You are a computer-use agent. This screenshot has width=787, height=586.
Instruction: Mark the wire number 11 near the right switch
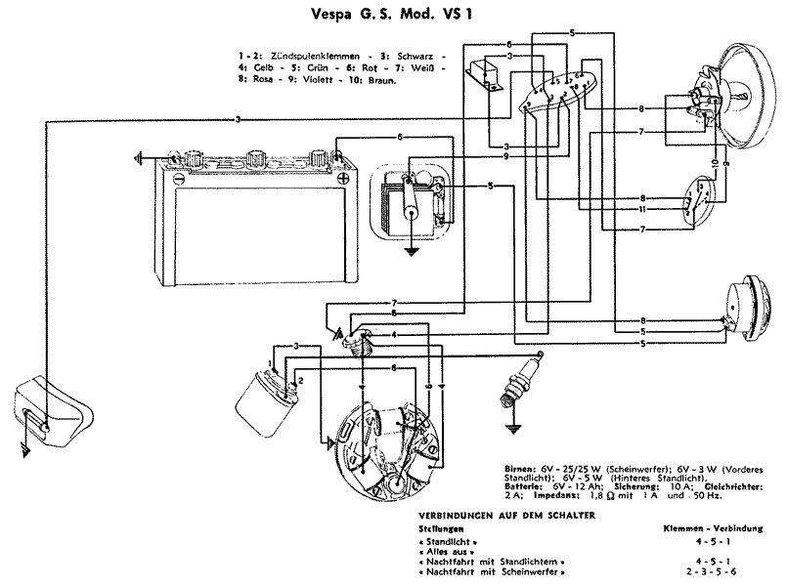[641, 209]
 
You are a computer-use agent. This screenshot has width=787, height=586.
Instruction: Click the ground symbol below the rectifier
[413, 251]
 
